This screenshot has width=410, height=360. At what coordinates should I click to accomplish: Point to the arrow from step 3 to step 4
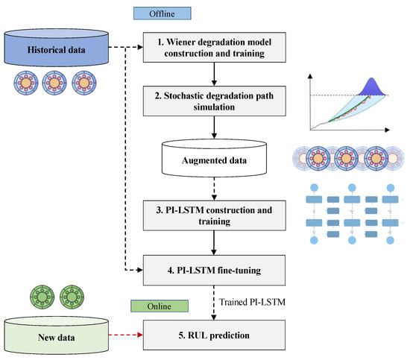pos(215,242)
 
